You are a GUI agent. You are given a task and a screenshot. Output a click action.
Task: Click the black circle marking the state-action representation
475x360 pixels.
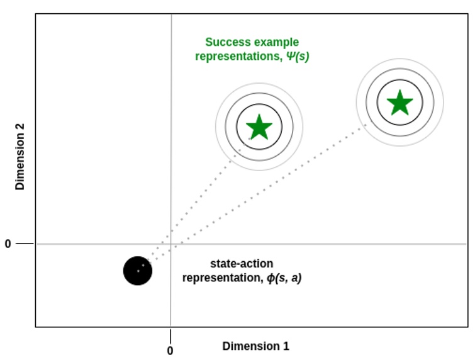(138, 271)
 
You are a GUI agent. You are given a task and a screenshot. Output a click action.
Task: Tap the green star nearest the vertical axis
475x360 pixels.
(259, 127)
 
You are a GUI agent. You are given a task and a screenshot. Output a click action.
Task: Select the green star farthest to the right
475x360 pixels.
(400, 103)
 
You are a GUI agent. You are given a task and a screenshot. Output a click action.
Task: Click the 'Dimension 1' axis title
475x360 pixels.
(255, 346)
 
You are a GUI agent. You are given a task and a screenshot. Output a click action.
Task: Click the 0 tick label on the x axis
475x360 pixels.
(170, 351)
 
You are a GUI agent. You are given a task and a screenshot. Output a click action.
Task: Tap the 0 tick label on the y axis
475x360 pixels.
(8, 244)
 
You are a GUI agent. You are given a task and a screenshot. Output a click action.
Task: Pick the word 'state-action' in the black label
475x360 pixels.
(242, 264)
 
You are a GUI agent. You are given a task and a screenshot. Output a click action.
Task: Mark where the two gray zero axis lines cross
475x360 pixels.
(170, 244)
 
